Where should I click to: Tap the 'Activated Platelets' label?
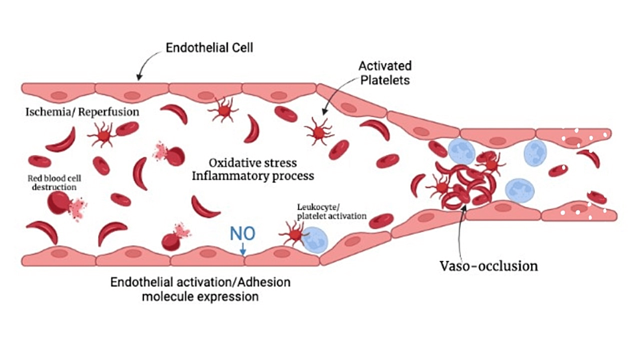click(x=384, y=73)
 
